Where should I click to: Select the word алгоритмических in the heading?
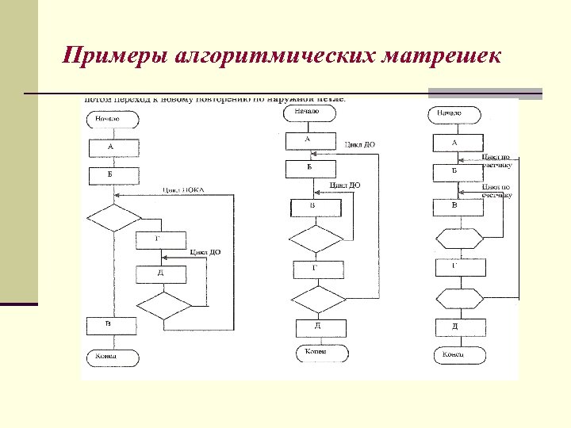click(x=281, y=57)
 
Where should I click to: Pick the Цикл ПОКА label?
click(x=183, y=189)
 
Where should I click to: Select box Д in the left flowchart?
click(x=160, y=274)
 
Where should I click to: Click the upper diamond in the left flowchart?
click(x=113, y=217)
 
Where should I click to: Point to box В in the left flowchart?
click(x=111, y=325)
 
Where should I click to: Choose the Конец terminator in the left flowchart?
click(x=112, y=357)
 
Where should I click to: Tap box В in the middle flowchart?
click(x=315, y=207)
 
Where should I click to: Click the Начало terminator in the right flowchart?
click(x=454, y=114)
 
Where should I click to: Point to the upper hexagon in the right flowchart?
click(x=458, y=237)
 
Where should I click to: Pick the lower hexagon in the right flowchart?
click(x=458, y=300)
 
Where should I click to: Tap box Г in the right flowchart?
click(x=458, y=267)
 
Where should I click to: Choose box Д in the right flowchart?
click(x=458, y=327)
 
